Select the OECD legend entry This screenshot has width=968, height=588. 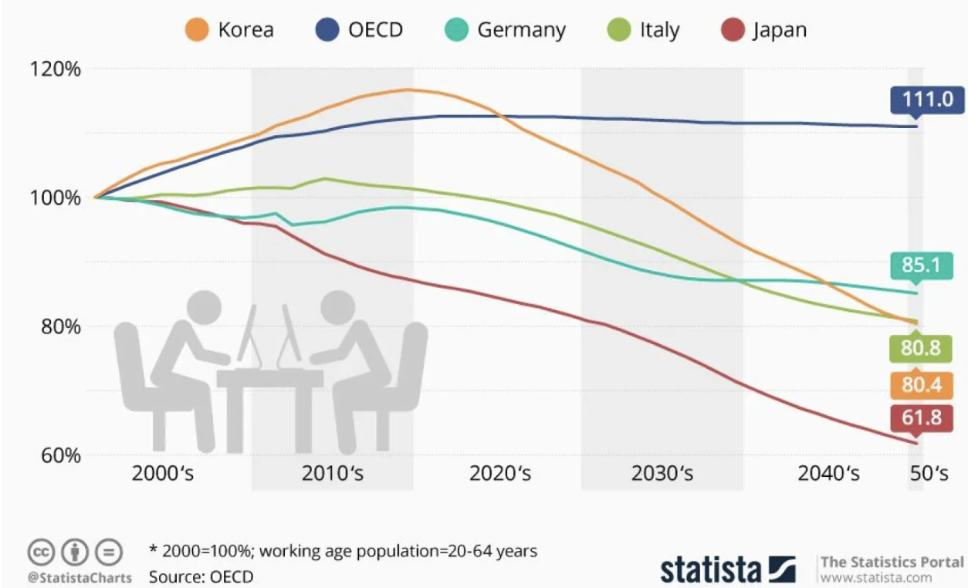(x=360, y=31)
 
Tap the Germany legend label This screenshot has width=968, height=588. (x=506, y=31)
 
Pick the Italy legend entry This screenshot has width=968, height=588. (x=645, y=31)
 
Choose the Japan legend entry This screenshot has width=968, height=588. (x=767, y=31)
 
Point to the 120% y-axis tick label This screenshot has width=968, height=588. (x=55, y=69)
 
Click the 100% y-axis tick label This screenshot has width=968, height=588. (x=55, y=198)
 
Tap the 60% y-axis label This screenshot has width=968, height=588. (x=59, y=455)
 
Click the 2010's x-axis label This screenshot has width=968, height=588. (x=332, y=473)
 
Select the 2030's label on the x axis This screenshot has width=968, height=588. (x=662, y=473)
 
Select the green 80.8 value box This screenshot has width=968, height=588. (x=920, y=349)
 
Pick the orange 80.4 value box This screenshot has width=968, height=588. (x=920, y=384)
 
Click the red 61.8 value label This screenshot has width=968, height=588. (x=920, y=417)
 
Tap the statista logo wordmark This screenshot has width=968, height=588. (x=710, y=569)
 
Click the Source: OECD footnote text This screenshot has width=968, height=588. (x=201, y=576)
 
